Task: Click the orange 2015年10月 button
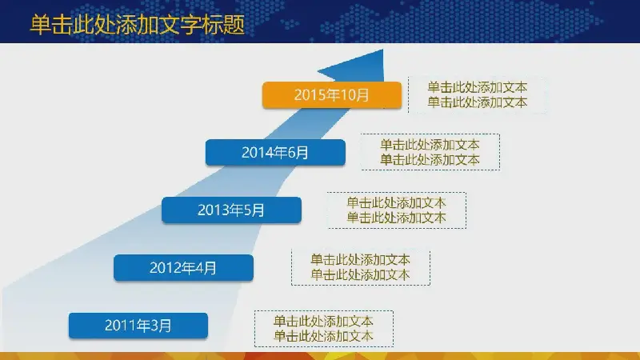[332, 95]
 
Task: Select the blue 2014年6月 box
[275, 153]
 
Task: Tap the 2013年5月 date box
[231, 210]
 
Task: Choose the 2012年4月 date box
[184, 268]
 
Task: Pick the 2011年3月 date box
[138, 326]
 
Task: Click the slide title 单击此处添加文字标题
[138, 24]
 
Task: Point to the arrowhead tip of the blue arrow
[383, 50]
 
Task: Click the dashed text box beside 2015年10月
[477, 94]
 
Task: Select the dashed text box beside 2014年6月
[430, 152]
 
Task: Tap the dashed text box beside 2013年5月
[397, 210]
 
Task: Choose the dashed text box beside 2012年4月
[361, 267]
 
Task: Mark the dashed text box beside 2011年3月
[324, 329]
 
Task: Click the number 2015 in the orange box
[307, 95]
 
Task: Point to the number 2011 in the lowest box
[117, 326]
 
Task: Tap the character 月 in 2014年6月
[302, 153]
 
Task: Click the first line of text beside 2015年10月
[477, 87]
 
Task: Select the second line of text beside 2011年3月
[323, 336]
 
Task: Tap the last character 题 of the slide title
[234, 25]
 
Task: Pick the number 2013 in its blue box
[210, 210]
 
